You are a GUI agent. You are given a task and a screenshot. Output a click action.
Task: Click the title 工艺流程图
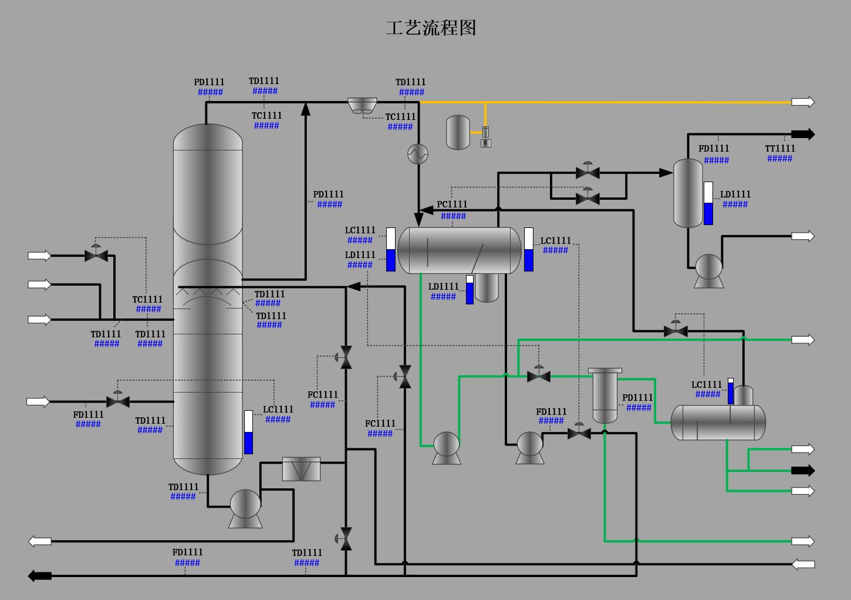[431, 28]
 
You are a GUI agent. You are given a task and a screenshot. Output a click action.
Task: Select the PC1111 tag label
[452, 205]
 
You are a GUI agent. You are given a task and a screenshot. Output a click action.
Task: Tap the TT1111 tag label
[780, 149]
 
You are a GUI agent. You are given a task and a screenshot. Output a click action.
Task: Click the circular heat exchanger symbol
[418, 154]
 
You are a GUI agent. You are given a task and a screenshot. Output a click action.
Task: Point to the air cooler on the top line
[362, 106]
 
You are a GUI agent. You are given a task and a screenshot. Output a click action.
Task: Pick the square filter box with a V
[301, 469]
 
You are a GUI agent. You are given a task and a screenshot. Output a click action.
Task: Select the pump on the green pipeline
[446, 448]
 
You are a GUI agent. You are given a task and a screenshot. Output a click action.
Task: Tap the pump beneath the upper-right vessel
[708, 270]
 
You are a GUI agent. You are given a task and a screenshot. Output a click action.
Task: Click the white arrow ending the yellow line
[803, 102]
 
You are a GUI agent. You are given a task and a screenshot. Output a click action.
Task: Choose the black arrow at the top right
[803, 134]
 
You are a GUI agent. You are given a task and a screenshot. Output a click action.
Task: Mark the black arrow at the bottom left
[40, 576]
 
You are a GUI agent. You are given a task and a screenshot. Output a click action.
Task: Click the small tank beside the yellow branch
[458, 132]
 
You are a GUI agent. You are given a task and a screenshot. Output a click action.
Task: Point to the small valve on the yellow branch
[485, 136]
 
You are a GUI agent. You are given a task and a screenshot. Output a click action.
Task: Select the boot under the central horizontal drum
[487, 288]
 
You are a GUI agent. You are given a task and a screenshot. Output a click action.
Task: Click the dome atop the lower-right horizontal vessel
[744, 395]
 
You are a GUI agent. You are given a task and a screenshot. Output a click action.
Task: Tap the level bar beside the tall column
[248, 432]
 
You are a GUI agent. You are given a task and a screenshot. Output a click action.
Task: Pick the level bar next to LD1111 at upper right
[708, 203]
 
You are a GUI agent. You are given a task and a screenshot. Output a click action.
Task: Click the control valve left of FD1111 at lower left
[118, 401]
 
